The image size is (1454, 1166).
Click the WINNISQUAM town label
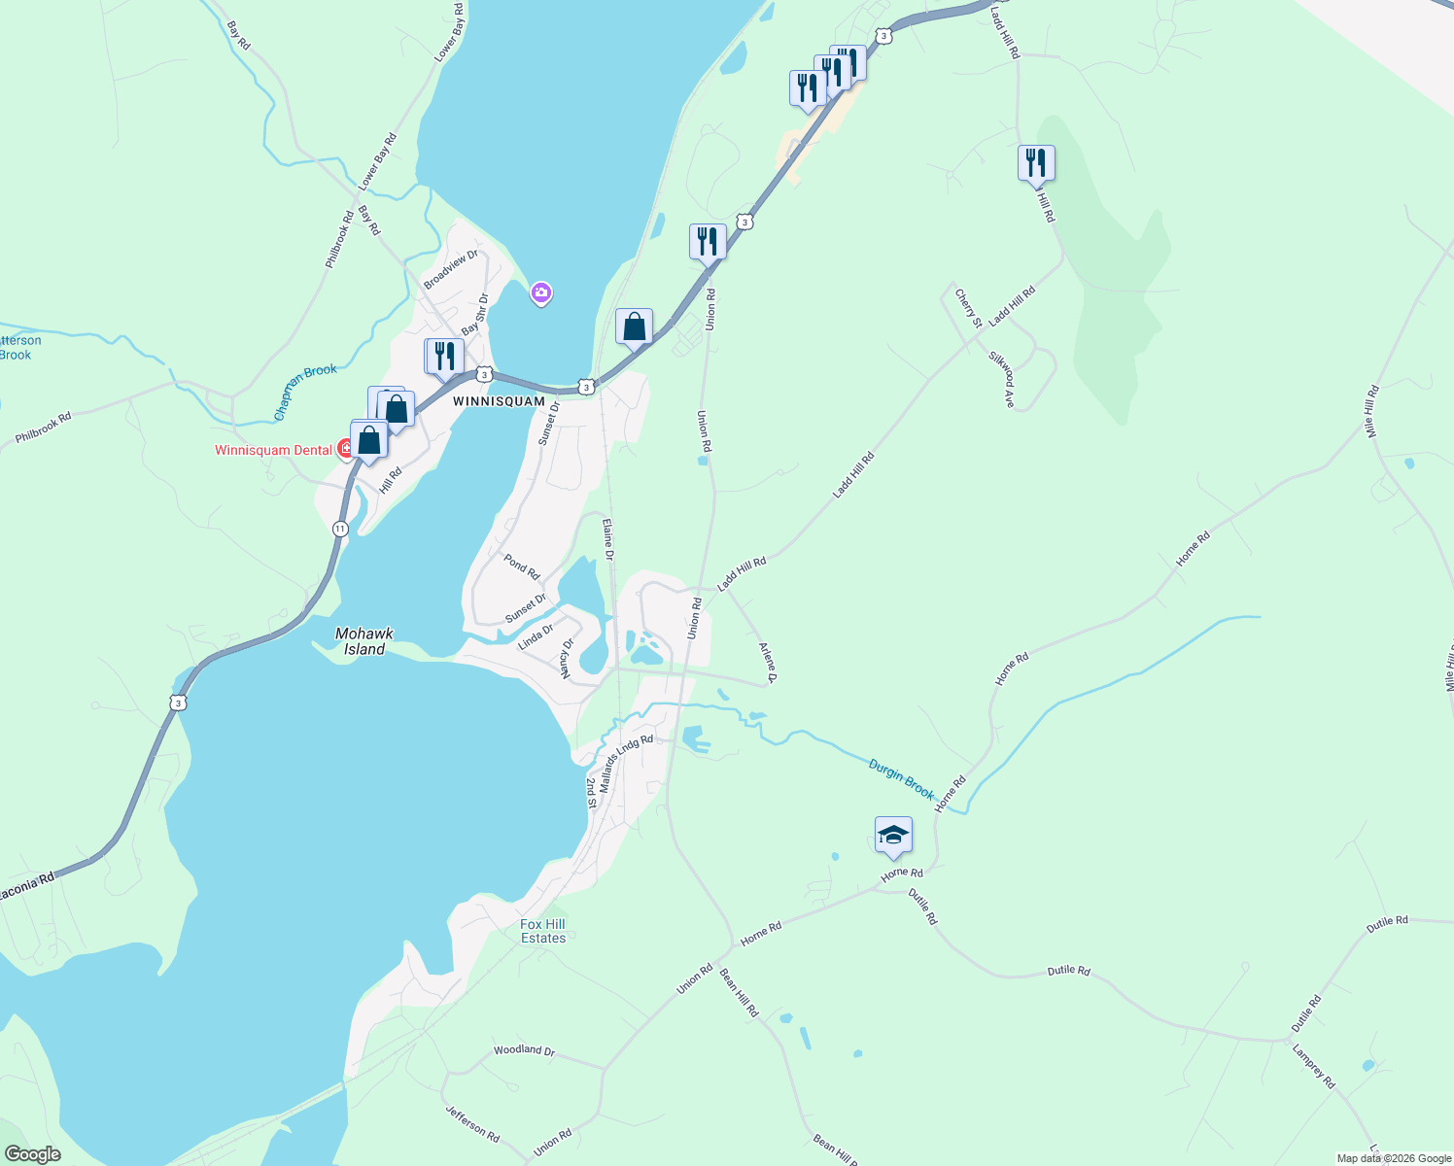pos(499,401)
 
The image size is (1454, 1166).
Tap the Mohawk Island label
pos(364,641)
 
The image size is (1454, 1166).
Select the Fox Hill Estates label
pos(542,931)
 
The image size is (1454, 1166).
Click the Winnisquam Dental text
pos(274,450)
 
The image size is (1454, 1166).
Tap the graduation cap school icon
pos(893,836)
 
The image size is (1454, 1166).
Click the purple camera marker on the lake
pos(541,291)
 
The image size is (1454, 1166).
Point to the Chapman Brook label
pos(305,392)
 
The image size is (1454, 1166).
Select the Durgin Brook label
pos(901,779)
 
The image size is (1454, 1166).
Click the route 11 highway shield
pos(340,529)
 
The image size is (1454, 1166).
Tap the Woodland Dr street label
pos(524,1050)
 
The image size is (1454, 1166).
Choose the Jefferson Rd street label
pos(472,1123)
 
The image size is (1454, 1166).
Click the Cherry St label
pos(968,308)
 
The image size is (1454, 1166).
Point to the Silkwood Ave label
pos(1001,380)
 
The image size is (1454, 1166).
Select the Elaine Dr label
pos(607,539)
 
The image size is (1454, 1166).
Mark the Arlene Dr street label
pos(768,662)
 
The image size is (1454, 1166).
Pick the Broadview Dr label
pos(451,269)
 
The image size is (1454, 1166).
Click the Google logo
pos(32,1154)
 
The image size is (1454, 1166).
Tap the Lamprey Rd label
pos(1313,1066)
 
